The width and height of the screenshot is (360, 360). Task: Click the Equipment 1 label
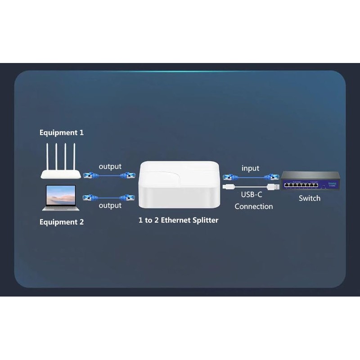[x=62, y=133]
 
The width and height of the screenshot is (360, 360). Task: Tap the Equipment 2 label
[x=62, y=222]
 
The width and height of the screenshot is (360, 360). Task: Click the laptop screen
[x=61, y=194]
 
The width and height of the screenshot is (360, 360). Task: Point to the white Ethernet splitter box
[x=180, y=184]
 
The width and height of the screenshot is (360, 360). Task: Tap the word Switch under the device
[x=310, y=198]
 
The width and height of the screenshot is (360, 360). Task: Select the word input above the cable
[x=250, y=168]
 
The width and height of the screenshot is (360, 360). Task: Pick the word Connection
[x=253, y=207]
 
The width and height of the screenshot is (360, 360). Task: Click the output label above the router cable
[x=110, y=166]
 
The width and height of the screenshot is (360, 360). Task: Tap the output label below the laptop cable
[x=110, y=206]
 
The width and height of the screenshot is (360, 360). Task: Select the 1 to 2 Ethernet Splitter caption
[x=178, y=220]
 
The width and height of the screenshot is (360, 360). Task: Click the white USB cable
[x=250, y=186]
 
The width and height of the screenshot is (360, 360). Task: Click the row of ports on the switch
[x=301, y=185]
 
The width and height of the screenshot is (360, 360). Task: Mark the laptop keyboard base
[x=61, y=208]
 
